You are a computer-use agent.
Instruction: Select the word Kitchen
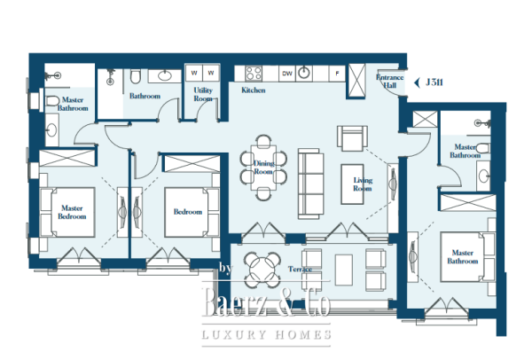[254, 90]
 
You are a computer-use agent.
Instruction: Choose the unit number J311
[435, 82]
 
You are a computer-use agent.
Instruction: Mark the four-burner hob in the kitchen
[253, 73]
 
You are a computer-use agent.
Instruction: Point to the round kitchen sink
[307, 73]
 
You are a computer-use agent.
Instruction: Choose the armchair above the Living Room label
[350, 138]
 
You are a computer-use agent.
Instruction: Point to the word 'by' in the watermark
[225, 268]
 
